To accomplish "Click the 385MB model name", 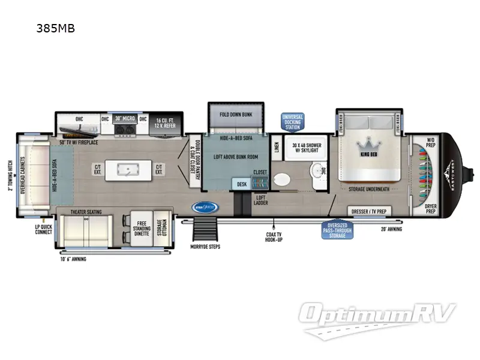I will [x=55, y=28].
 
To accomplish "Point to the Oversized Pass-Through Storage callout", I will [x=337, y=230].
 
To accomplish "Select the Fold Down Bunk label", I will [x=235, y=115].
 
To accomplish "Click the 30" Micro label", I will [x=127, y=119].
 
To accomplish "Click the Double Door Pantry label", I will [x=193, y=162].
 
